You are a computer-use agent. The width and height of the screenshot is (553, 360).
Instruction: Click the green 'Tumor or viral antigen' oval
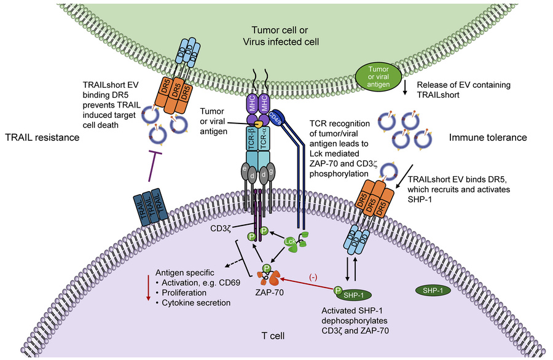pyautogui.click(x=378, y=77)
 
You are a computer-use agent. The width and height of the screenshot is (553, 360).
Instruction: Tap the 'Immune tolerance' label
pyautogui.click(x=488, y=138)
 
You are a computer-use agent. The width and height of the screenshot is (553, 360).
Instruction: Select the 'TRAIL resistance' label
pyautogui.click(x=42, y=138)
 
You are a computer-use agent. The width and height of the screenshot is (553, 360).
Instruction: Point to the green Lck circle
pyautogui.click(x=289, y=241)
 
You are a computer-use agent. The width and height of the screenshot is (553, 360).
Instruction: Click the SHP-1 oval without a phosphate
pyautogui.click(x=433, y=291)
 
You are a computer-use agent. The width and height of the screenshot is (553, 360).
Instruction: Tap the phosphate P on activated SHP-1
pyautogui.click(x=338, y=291)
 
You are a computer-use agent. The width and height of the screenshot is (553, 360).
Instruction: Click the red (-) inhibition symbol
pyautogui.click(x=313, y=278)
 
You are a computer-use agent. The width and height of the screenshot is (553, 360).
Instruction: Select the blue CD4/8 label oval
pyautogui.click(x=275, y=118)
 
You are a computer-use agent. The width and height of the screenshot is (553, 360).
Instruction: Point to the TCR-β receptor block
pyautogui.click(x=252, y=139)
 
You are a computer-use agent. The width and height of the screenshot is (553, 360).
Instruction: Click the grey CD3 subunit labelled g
pyautogui.click(x=271, y=171)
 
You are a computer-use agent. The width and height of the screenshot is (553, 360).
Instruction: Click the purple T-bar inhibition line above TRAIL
pyautogui.click(x=152, y=166)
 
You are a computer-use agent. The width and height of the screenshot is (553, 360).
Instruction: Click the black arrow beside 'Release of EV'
pyautogui.click(x=405, y=88)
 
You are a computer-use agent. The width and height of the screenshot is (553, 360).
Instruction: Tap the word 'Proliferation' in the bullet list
pyautogui.click(x=184, y=292)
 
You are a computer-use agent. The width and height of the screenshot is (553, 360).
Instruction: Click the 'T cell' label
pyautogui.click(x=273, y=335)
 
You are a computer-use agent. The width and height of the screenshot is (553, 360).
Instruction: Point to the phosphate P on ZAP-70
pyautogui.click(x=267, y=268)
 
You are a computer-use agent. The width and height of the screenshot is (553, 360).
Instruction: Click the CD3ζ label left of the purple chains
pyautogui.click(x=221, y=229)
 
